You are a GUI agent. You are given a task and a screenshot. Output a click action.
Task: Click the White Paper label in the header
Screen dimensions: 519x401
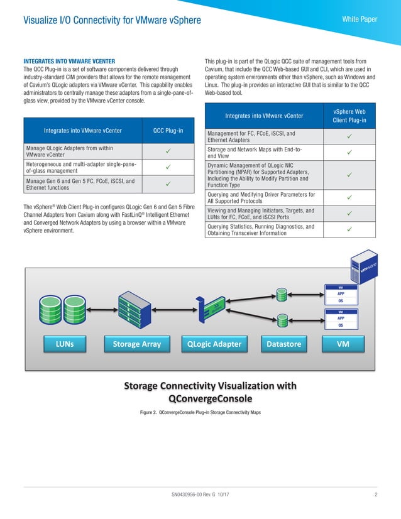359,19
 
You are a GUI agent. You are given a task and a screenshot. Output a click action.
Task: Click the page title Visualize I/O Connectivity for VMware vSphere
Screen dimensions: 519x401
112,21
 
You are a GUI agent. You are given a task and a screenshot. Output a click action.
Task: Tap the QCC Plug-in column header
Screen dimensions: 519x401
168,131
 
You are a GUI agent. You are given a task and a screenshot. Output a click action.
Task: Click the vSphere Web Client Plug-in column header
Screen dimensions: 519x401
349,115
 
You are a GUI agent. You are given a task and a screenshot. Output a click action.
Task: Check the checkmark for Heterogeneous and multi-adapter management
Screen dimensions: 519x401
168,167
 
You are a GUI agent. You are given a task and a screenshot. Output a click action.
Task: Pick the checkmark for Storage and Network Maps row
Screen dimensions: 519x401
349,151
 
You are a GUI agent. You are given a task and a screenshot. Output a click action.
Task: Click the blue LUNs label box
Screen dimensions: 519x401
64,344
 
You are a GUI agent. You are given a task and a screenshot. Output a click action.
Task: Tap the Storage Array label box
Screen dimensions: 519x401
136,344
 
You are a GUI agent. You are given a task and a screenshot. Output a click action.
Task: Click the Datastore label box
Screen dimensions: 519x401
283,344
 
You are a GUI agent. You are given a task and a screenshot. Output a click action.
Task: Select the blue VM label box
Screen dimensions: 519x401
343,344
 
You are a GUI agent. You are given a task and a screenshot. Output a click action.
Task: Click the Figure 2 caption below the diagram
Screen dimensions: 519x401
200,412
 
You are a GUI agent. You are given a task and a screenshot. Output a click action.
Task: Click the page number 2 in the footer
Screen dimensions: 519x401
375,495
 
